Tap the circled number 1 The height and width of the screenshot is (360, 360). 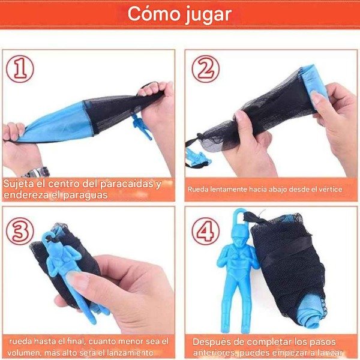20,69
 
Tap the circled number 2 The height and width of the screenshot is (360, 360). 205,69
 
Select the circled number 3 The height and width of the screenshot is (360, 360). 20,231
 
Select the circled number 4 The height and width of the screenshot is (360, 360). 205,231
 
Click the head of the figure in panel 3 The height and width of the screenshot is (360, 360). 53,238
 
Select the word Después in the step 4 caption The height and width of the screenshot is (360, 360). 211,341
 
